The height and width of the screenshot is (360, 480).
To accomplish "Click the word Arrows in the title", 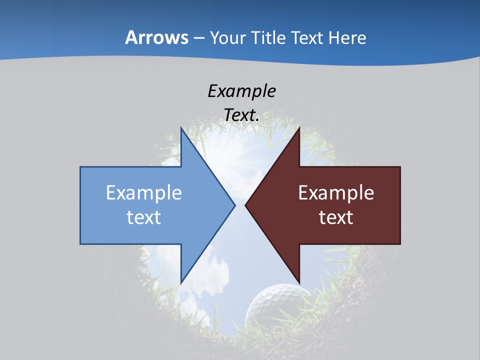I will coord(157,37).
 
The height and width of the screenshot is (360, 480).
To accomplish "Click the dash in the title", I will coord(199,38).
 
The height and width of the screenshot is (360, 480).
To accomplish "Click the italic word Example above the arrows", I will coord(241,91).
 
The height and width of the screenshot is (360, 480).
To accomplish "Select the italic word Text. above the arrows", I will coord(241,115).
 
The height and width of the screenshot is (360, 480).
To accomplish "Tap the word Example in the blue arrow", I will coord(144,192).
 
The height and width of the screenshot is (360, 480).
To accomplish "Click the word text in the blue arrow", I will coord(144,217).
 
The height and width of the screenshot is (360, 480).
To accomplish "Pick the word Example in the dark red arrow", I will coord(336,192).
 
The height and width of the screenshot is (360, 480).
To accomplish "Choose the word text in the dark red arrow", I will coord(336,217).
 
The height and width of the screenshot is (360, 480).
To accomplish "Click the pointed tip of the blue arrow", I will coord(234,205).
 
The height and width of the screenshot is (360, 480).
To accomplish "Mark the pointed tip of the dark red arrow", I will coord(245,205).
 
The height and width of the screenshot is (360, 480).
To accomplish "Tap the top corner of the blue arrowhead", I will coord(181,127).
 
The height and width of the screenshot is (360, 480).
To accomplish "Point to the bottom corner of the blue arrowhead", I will coord(181,283).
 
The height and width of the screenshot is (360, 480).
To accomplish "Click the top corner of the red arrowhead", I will coord(299,127).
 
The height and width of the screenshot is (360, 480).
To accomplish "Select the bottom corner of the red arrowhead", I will coord(299,283).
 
